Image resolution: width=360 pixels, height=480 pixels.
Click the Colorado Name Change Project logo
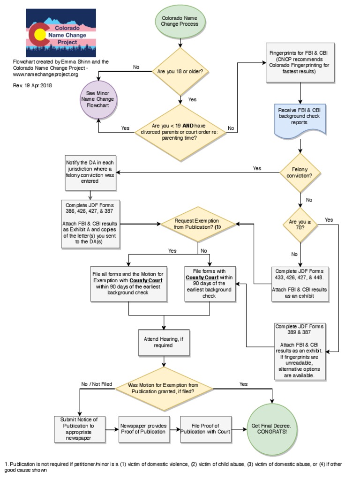pos(60,33)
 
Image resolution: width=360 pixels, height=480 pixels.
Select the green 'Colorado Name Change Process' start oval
pos(180,22)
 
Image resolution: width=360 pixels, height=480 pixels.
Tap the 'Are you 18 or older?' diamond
pos(180,72)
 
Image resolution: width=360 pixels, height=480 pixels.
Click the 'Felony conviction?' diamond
pos(300,172)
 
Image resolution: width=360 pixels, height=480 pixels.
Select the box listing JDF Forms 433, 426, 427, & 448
pos(300,283)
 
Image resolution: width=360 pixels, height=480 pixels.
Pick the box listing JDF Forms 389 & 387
pos(300,350)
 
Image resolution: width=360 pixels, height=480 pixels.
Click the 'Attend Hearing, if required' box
pos(164,342)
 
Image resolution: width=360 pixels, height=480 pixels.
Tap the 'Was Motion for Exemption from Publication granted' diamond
pos(164,387)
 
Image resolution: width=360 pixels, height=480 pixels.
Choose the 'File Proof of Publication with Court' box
pos(205,428)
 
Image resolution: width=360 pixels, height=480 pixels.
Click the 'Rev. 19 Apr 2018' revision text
pos(32,85)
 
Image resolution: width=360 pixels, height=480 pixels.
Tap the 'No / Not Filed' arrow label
pos(97,384)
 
